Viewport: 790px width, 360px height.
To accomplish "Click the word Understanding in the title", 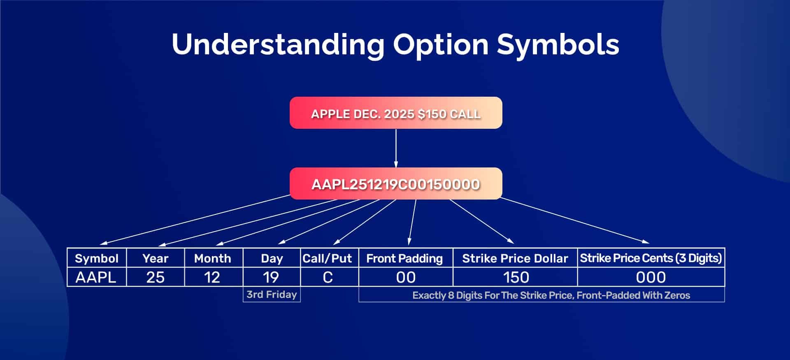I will [278, 44].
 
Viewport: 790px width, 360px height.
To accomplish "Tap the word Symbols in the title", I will [558, 44].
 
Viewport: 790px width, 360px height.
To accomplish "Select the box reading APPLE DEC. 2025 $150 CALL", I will [396, 113].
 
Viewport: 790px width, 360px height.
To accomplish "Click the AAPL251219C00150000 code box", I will [396, 184].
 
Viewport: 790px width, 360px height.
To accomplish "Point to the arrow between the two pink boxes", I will [396, 148].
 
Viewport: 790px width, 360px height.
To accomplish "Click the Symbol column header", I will [97, 258].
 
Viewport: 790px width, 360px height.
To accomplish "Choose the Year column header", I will [156, 258].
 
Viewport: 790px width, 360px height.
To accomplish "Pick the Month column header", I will [213, 258].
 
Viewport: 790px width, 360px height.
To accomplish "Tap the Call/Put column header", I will [328, 258].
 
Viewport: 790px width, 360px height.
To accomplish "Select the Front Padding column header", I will [405, 258].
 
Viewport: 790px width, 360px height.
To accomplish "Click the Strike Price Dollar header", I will [515, 258].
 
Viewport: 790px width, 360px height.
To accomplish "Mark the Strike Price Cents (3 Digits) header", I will [651, 258].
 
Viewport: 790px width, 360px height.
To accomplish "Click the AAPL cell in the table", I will [96, 277].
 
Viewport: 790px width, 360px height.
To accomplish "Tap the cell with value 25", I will [156, 277].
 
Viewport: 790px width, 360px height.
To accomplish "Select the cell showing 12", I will [212, 277].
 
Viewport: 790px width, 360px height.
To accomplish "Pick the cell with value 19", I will [271, 277].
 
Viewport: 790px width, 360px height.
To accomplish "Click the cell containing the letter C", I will [328, 277].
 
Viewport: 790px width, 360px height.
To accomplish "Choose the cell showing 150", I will [516, 277].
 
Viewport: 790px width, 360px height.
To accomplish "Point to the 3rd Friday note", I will [272, 295].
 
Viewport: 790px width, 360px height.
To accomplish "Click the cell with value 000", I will [651, 277].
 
